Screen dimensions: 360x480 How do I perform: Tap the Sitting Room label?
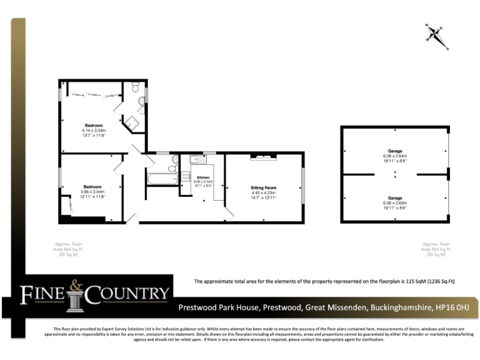pos(264,187)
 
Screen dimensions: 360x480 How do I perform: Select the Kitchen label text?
pos(203,177)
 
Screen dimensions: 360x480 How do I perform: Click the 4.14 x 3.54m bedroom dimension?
pos(94,130)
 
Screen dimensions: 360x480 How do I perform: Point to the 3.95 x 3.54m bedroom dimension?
pos(92,192)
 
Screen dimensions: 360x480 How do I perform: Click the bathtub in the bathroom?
pos(162,179)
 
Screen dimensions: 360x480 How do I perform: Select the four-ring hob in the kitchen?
pos(186,177)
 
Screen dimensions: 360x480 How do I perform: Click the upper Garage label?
pos(394,151)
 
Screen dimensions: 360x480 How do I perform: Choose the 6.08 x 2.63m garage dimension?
pos(394,203)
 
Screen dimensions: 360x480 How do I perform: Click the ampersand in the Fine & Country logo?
pos(76,286)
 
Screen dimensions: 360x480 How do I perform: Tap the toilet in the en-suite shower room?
pos(136,86)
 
